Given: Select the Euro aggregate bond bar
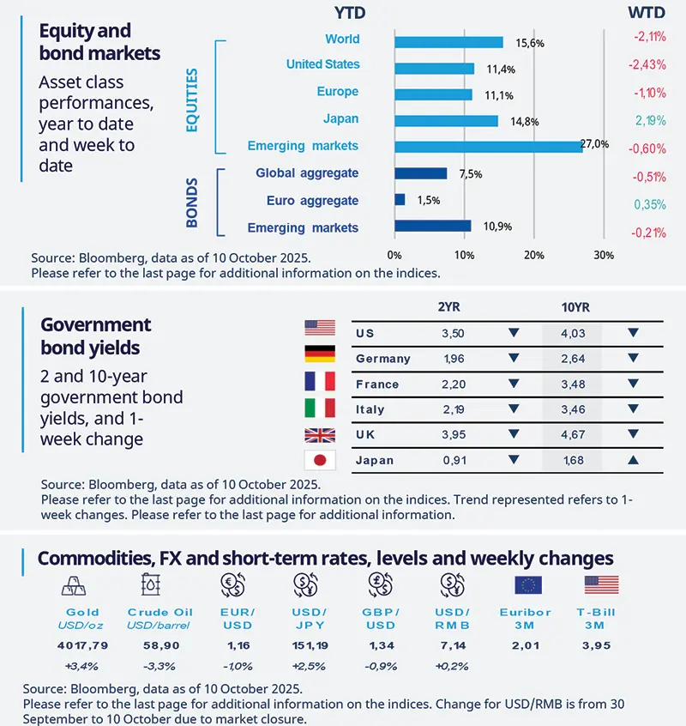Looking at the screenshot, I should coord(400,200).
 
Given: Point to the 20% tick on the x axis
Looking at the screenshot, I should coord(533,255).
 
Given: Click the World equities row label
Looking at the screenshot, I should coord(342,39).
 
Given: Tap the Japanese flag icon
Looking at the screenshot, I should coord(320,461).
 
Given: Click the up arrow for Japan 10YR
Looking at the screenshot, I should coord(632,461).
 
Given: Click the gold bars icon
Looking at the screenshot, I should coord(72,585).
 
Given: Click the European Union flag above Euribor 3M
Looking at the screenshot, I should coord(527,585).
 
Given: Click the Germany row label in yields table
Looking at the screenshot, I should coord(382,359).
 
